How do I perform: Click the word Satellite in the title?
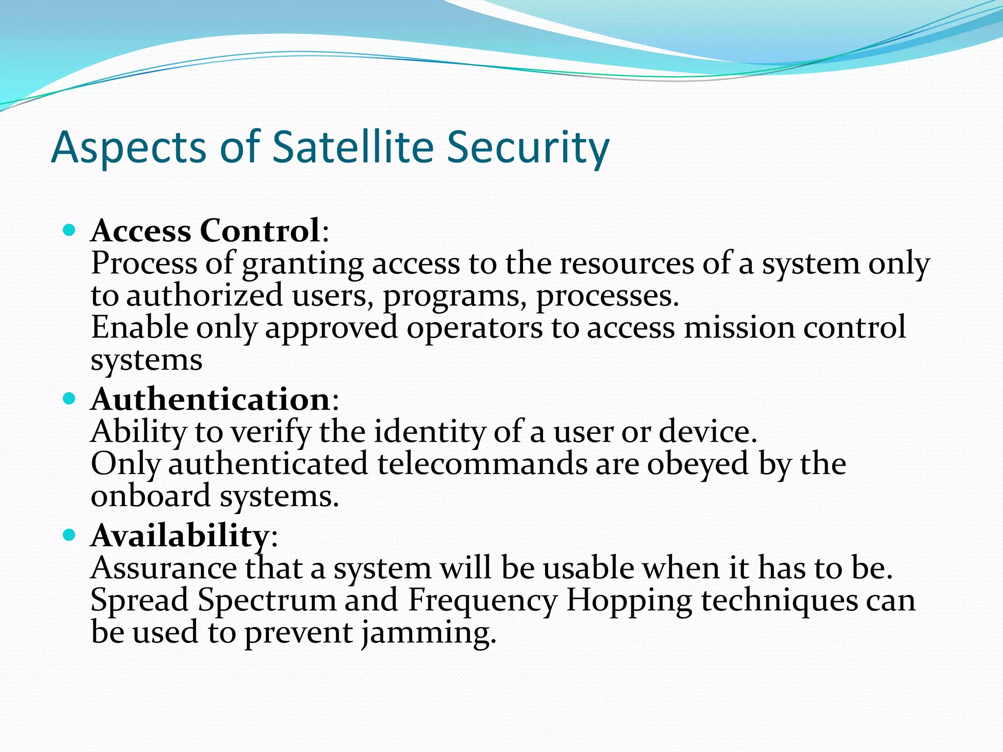353,147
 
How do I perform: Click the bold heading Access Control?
206,231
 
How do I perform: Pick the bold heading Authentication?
211,399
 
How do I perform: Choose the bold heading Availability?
180,536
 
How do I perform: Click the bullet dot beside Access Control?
70,230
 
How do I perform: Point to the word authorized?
205,296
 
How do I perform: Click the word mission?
740,328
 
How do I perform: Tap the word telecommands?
482,464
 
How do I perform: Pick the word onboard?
151,496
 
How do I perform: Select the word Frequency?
482,601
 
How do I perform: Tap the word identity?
430,433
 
